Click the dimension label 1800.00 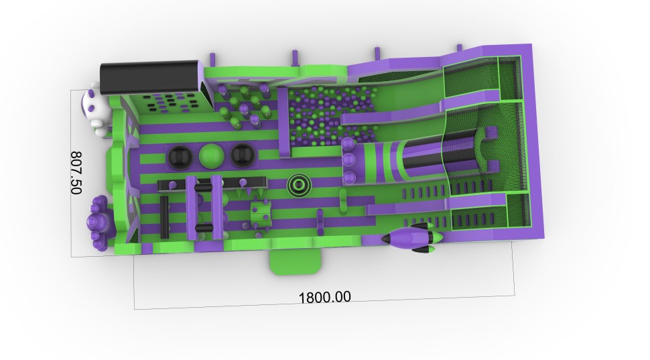click(x=324, y=297)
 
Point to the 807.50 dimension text click(x=76, y=172)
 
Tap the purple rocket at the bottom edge click(x=412, y=237)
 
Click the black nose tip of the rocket click(x=383, y=239)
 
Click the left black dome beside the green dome click(x=180, y=156)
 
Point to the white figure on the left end click(x=94, y=110)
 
